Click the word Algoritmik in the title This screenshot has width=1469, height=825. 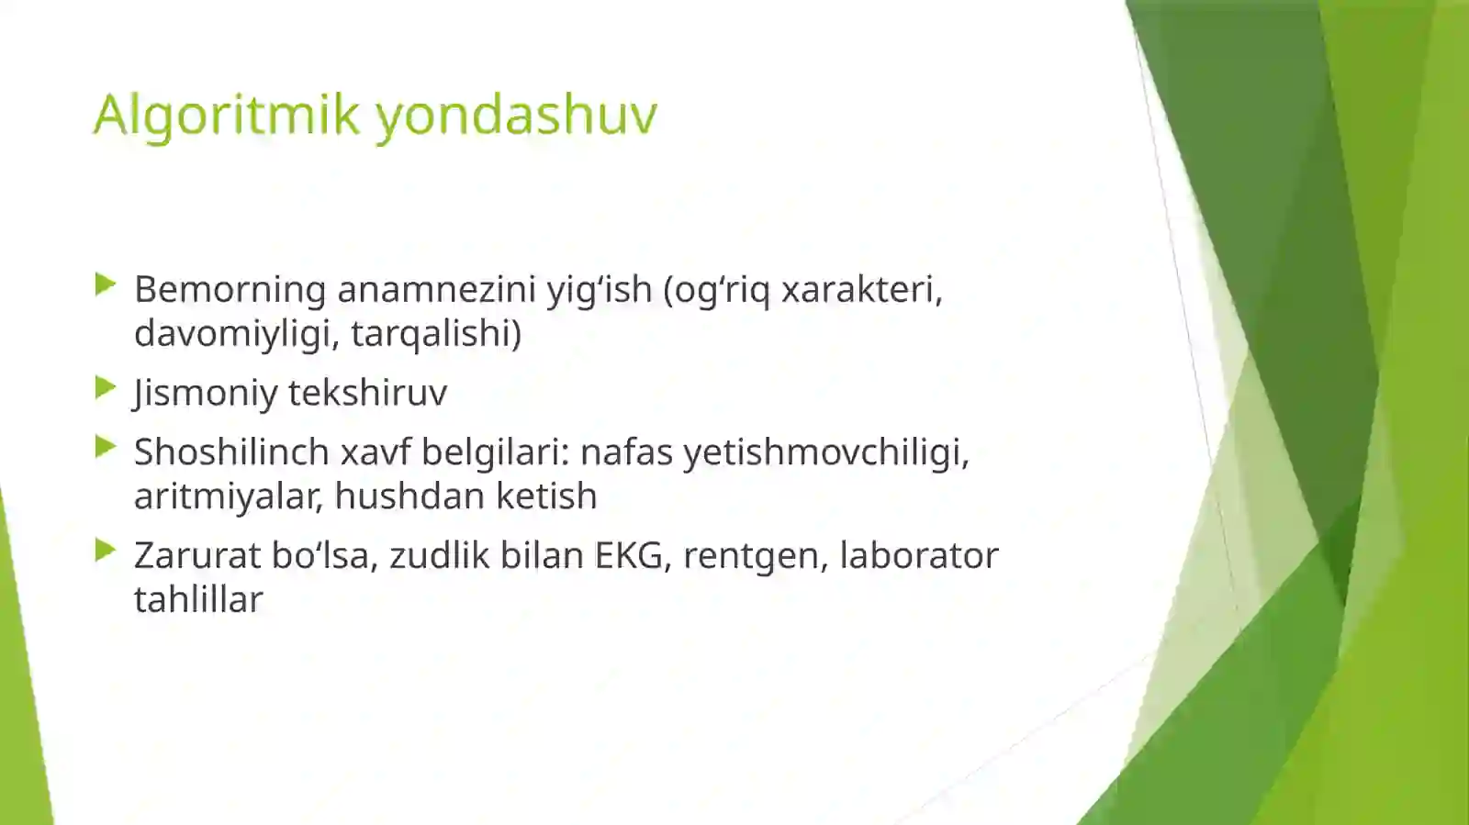226,115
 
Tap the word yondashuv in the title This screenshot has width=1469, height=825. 516,115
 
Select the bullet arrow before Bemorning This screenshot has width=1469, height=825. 105,285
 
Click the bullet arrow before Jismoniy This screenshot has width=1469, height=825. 105,389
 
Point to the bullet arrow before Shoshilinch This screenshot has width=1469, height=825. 105,449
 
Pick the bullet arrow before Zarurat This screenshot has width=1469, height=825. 105,552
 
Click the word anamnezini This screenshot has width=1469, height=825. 436,289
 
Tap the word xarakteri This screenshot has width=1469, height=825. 861,289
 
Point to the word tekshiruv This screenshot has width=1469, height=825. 367,393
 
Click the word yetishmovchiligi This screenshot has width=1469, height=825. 825,452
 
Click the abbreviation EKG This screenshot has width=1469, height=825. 633,556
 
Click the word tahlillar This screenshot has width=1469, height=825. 198,600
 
